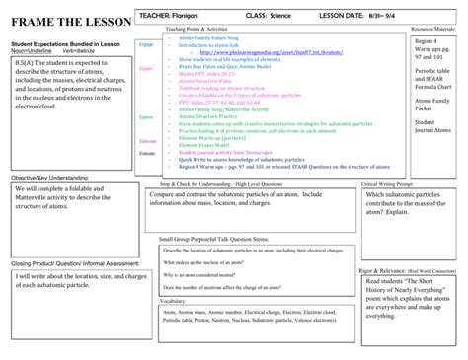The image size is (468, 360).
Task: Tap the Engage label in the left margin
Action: click(x=146, y=45)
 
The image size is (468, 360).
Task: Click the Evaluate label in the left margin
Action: click(x=147, y=153)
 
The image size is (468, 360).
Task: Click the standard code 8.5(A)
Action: click(x=27, y=61)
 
